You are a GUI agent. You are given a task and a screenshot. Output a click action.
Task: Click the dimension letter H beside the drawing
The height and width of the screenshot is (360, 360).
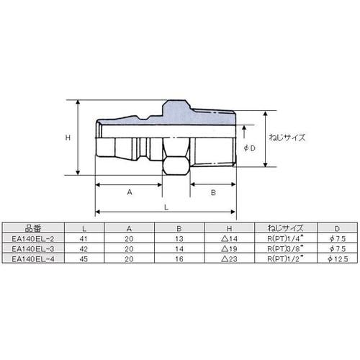tap(68, 138)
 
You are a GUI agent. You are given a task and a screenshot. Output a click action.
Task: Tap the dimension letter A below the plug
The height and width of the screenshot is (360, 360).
tap(130, 192)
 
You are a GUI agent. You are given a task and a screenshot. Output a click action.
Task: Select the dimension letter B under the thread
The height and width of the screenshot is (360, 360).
tap(213, 192)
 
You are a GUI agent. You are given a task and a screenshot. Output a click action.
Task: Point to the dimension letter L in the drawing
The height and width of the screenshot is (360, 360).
tap(166, 207)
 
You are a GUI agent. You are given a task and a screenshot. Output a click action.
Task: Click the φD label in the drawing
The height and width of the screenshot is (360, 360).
tap(250, 148)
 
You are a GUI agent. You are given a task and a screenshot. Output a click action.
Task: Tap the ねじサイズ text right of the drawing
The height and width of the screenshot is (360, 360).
tap(287, 138)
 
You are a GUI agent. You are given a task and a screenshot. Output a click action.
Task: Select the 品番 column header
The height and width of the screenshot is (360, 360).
tap(33, 228)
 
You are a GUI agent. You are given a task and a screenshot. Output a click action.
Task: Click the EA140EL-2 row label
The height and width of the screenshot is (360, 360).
tap(33, 238)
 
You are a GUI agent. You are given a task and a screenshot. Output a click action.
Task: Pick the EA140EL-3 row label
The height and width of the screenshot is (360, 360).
tap(33, 249)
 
